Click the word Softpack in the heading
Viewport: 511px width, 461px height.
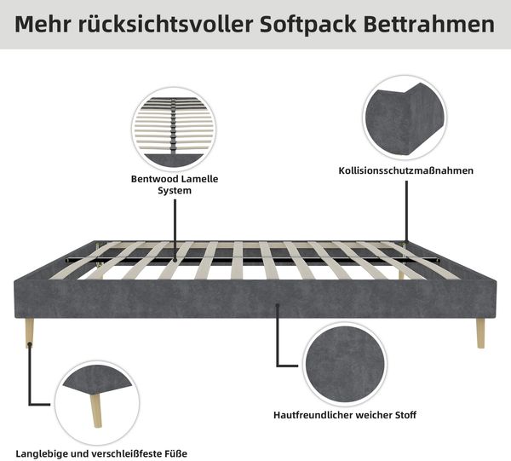point(308,24)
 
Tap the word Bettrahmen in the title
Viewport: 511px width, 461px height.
point(429,24)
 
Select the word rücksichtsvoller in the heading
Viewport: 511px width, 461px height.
point(165,24)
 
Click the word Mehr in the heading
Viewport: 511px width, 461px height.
point(43,24)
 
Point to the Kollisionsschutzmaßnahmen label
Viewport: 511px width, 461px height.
point(405,170)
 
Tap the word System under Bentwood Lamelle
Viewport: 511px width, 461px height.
point(175,190)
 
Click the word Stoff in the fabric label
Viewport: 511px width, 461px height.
point(405,415)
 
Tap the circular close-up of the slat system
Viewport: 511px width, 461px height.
point(174,130)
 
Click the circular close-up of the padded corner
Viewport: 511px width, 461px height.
point(405,118)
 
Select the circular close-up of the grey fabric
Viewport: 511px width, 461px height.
point(345,364)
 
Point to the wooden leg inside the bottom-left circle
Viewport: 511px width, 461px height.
point(95,411)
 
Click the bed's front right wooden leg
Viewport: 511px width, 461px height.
point(480,333)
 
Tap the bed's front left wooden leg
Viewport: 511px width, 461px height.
point(30,332)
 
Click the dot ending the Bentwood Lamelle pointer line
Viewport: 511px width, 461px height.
point(175,260)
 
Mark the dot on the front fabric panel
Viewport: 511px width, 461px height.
point(278,305)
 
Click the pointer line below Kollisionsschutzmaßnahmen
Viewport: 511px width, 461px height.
point(406,212)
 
